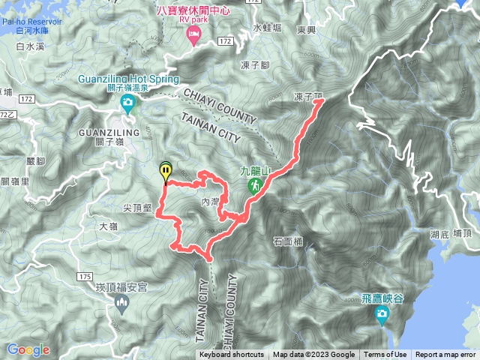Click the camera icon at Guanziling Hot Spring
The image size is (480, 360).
point(127,102)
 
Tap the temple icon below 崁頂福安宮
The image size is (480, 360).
point(121,303)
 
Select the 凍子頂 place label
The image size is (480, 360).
point(307,97)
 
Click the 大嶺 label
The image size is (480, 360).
point(108,225)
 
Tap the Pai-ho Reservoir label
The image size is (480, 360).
point(31,23)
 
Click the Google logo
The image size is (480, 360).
point(28,349)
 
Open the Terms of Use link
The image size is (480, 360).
point(385,355)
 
